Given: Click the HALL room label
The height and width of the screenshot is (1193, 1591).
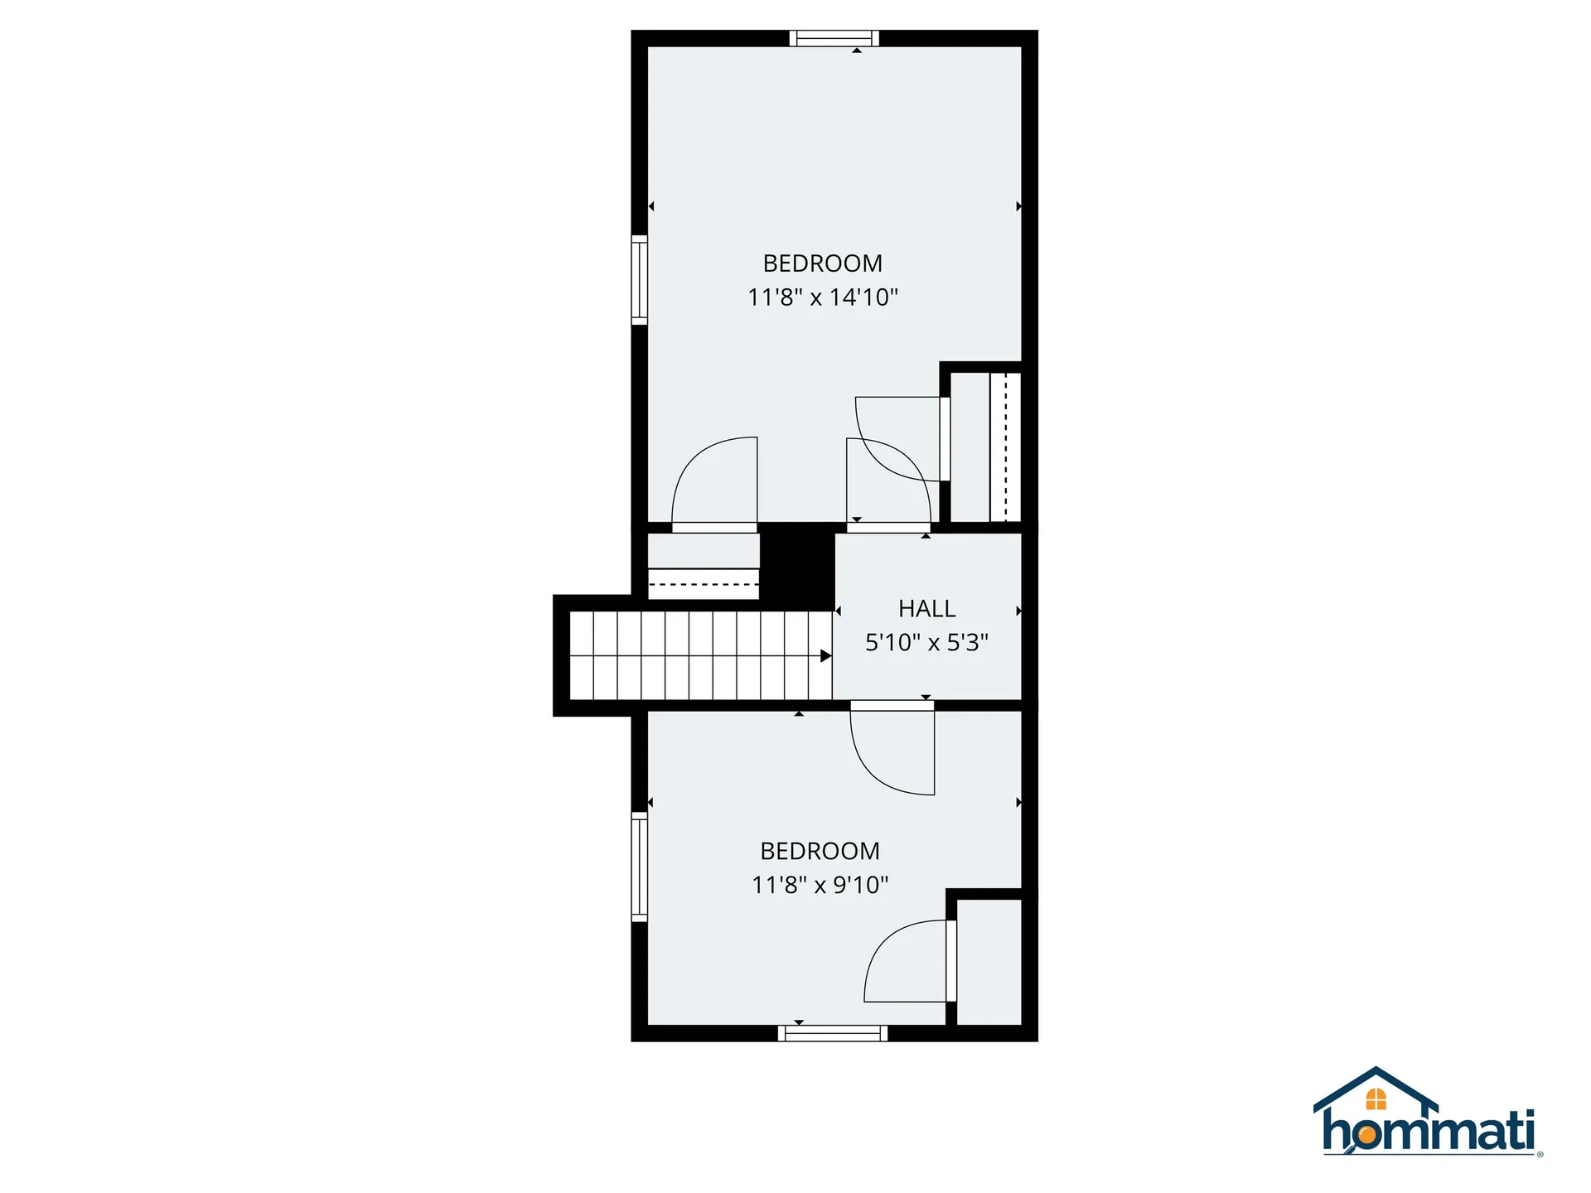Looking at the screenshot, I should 926,609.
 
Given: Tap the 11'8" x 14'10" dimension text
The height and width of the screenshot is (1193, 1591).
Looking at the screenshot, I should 822,297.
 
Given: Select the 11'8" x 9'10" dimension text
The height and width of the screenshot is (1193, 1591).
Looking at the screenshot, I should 820,885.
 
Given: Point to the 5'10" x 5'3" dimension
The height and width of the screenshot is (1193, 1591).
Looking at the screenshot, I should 926,643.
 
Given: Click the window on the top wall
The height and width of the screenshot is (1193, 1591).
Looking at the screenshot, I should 834,38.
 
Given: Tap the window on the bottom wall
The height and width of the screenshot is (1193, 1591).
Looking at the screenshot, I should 832,1033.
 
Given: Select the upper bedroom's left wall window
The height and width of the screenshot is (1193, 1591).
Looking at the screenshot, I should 639,280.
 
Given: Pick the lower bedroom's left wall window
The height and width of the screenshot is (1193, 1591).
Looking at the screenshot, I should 639,867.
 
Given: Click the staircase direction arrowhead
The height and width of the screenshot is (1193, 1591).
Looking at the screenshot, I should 825,656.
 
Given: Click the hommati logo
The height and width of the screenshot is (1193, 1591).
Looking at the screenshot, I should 1428,1114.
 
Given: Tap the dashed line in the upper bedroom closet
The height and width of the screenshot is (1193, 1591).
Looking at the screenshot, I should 1006,447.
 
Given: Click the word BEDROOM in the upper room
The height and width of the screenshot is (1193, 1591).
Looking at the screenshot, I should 822,263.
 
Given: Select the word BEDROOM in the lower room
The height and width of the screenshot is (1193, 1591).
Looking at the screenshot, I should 820,851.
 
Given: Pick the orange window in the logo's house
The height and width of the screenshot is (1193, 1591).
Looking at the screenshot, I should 1376,1099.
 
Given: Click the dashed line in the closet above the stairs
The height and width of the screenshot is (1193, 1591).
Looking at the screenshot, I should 703,585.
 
